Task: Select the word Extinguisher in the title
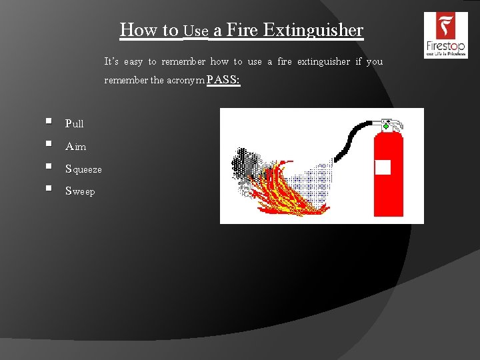[313, 30]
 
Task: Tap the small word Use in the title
[196, 31]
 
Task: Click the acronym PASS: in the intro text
[223, 81]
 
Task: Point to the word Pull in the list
[75, 124]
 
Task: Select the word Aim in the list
[75, 147]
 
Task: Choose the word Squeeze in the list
[83, 169]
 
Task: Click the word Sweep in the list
[80, 192]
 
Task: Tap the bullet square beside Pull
[49, 122]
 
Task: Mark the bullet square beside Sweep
[49, 189]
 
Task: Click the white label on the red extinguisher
[383, 167]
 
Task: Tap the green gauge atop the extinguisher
[386, 125]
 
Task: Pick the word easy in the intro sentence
[133, 62]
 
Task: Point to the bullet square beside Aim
[49, 144]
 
